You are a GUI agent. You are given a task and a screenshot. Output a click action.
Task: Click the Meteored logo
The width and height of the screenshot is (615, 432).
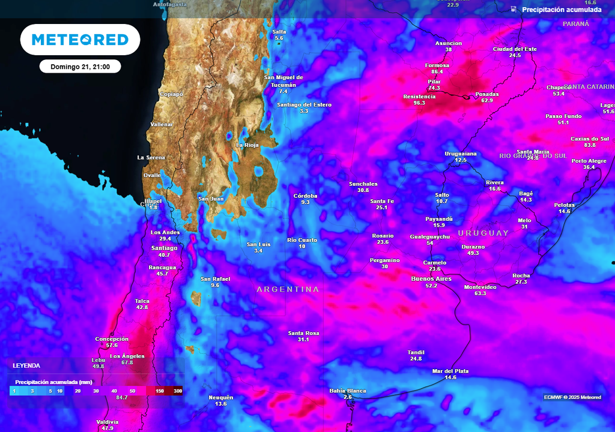click(x=80, y=40)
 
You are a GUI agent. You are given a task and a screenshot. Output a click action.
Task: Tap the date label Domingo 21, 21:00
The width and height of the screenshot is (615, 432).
click(x=80, y=67)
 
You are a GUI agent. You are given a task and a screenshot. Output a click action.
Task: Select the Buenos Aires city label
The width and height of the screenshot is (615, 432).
click(x=431, y=279)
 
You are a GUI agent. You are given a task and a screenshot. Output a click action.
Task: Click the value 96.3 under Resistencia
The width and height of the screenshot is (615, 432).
click(x=419, y=103)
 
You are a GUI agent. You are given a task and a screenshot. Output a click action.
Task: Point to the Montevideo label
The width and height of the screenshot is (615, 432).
click(x=480, y=287)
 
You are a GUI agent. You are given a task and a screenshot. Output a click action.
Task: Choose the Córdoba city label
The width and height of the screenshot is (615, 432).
click(x=305, y=196)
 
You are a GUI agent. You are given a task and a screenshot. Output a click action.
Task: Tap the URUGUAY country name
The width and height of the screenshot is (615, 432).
click(x=483, y=233)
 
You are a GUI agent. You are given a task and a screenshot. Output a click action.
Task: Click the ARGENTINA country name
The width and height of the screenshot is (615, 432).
click(x=288, y=289)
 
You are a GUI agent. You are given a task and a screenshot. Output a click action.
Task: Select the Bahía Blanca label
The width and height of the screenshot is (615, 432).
click(x=348, y=391)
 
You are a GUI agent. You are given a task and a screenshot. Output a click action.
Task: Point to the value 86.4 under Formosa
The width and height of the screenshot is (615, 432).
click(x=437, y=71)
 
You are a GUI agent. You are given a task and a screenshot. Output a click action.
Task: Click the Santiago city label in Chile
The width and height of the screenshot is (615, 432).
click(x=164, y=248)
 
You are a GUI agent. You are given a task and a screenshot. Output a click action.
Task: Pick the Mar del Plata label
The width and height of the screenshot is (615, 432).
click(x=450, y=371)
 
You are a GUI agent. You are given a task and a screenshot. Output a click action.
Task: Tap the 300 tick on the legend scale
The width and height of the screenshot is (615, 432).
click(x=178, y=391)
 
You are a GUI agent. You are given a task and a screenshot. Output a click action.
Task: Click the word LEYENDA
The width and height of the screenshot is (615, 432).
click(x=26, y=365)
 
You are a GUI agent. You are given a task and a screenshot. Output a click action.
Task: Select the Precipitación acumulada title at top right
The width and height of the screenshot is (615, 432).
click(x=561, y=10)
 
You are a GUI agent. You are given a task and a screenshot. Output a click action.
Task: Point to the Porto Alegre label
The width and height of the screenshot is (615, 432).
click(x=589, y=161)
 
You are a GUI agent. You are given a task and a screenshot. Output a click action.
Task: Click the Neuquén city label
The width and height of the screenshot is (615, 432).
click(x=220, y=397)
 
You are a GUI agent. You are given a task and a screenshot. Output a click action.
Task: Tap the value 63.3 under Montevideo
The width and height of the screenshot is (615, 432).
click(x=480, y=293)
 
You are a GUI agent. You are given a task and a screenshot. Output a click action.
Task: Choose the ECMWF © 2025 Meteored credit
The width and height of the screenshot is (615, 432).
click(x=572, y=397)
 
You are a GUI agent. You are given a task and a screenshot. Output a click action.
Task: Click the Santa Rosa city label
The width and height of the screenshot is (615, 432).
click(x=303, y=333)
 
